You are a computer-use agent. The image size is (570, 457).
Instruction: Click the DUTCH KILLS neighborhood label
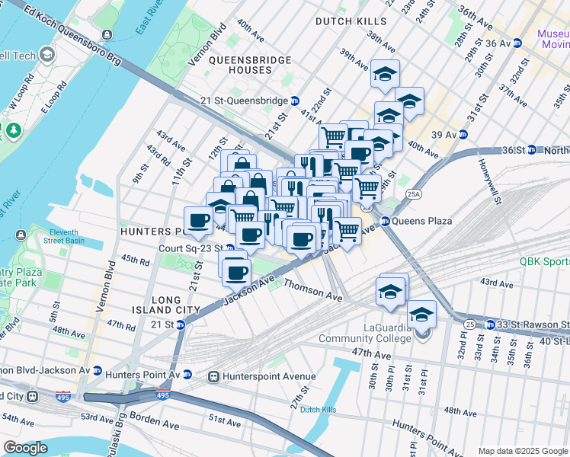pos(351,21)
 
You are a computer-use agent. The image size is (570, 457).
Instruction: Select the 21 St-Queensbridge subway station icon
pos(294,101)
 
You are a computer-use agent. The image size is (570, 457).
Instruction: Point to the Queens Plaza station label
pos(421,222)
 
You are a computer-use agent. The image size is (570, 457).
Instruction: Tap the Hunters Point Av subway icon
pos(187,376)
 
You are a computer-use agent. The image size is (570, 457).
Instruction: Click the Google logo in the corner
pos(24,448)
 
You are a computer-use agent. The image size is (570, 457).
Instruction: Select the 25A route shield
pos(414,195)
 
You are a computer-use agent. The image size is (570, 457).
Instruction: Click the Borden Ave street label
pos(155,417)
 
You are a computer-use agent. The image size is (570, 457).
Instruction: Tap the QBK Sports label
pos(544,260)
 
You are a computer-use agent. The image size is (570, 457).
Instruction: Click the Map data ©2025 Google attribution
pos(522,451)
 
